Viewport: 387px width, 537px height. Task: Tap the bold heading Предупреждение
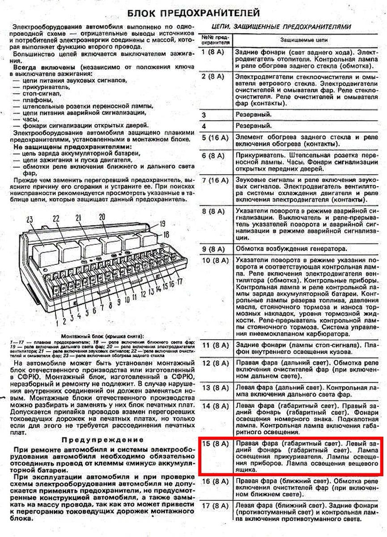pos(102,439)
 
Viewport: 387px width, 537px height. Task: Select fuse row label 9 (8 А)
pos(213,248)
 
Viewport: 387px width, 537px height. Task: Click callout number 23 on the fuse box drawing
pos(30,219)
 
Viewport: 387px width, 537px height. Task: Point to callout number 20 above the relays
pos(102,217)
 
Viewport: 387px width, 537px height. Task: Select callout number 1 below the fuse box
pos(57,321)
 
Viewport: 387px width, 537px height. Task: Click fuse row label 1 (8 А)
pos(213,52)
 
